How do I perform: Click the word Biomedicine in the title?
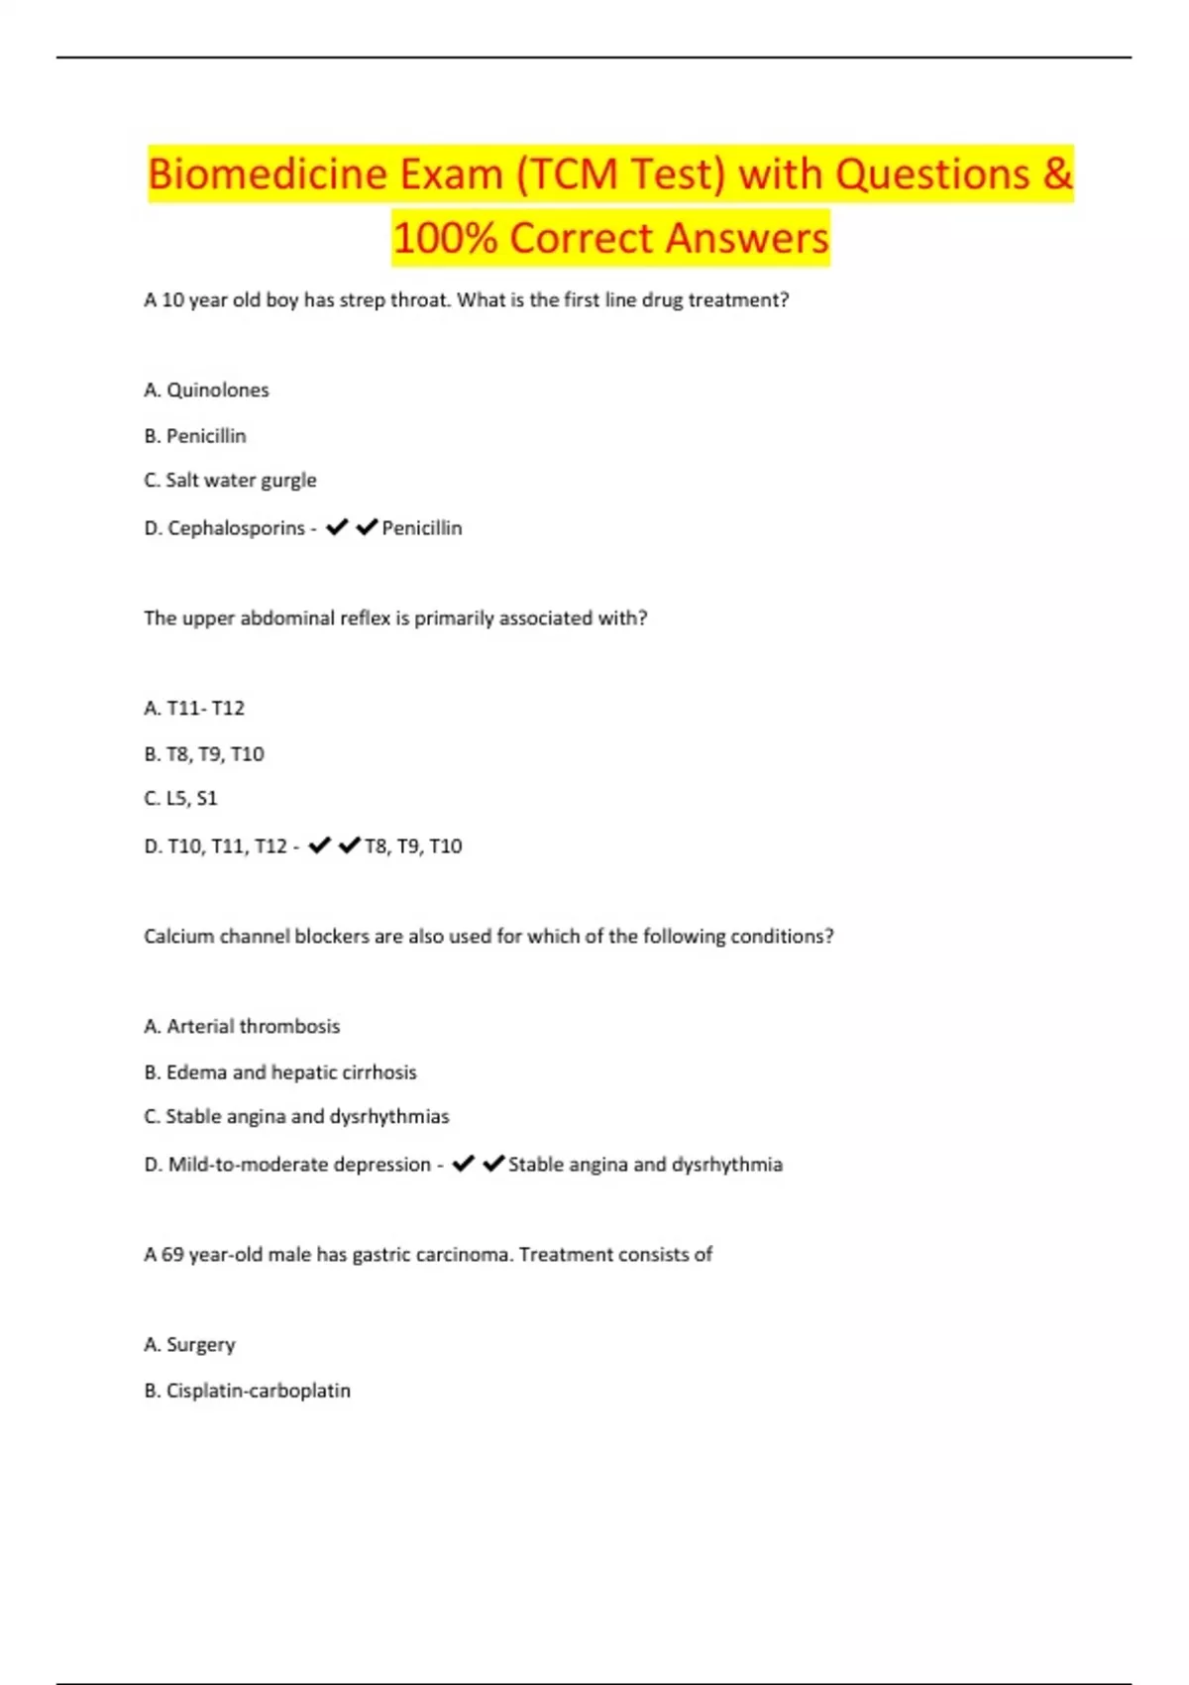(x=268, y=175)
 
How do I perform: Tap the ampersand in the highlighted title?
(x=1057, y=174)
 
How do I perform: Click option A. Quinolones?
(x=206, y=391)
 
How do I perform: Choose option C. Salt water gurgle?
(x=230, y=481)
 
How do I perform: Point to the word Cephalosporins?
(x=236, y=528)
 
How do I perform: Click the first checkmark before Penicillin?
(x=337, y=527)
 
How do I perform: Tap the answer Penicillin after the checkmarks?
(x=422, y=528)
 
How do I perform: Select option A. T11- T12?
(x=194, y=709)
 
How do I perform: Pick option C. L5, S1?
(x=180, y=799)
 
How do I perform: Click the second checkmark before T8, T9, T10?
(x=349, y=845)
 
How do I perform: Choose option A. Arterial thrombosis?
(x=242, y=1027)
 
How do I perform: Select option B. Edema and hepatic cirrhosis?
(x=280, y=1072)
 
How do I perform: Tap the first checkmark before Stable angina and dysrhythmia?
(x=463, y=1164)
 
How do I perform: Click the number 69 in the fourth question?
(x=172, y=1255)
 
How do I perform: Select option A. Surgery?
(x=189, y=1345)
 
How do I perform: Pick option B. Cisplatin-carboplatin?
(x=247, y=1391)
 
